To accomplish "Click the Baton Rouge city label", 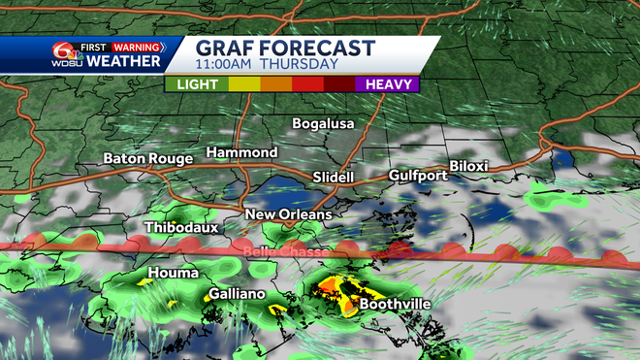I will [148, 158].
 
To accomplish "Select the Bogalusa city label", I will [324, 124].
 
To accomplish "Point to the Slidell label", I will [334, 178].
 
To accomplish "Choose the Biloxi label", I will [468, 166].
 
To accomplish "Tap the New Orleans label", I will [288, 214].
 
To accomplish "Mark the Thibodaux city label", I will [181, 227].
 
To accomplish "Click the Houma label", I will [174, 273].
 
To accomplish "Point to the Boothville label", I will [395, 304].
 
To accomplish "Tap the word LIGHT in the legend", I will [196, 84].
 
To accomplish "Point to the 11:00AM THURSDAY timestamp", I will [267, 65].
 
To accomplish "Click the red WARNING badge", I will [137, 46].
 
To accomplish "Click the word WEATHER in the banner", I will [123, 62].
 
